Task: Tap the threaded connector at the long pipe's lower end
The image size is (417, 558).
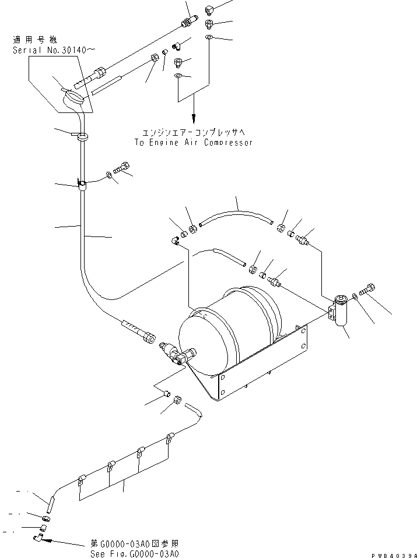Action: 139,330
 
